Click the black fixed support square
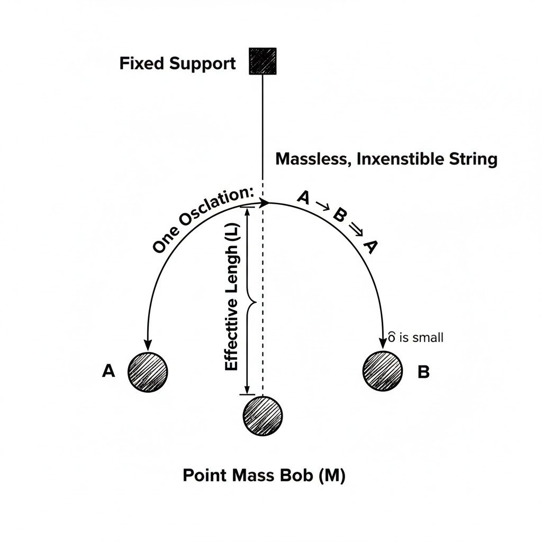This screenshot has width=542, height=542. (263, 61)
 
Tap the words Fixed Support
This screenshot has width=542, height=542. (177, 64)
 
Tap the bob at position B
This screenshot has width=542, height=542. (383, 371)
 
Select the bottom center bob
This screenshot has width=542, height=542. (263, 416)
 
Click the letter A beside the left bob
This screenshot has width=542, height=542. (108, 372)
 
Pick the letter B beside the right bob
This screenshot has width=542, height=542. (423, 372)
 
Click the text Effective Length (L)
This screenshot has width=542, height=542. (232, 299)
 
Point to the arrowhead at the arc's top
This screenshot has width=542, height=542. (265, 203)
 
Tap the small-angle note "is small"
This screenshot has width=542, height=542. (421, 337)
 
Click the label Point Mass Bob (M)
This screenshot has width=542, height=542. (264, 475)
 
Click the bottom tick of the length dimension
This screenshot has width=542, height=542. (247, 394)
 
